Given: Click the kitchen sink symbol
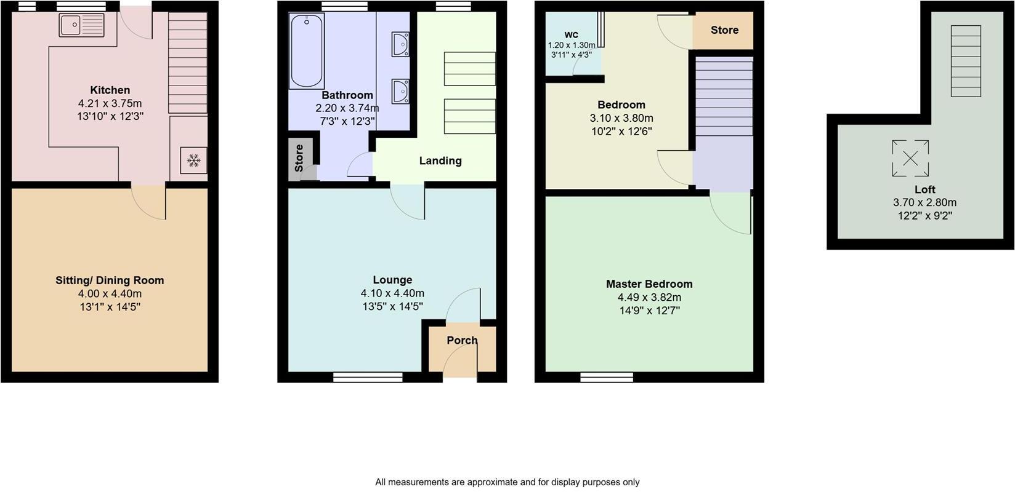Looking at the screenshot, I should [82, 25].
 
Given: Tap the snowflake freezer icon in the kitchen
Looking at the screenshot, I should [194, 161].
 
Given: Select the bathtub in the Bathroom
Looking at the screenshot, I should [306, 52].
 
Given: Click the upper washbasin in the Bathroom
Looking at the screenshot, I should [400, 45].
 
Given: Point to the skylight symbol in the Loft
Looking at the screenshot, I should [910, 158].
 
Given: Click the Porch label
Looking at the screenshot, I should [462, 340].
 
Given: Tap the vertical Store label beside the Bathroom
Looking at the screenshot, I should [299, 158].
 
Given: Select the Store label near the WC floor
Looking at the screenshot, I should [724, 30].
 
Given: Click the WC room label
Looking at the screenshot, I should [571, 34].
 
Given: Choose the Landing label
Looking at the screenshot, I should [440, 161].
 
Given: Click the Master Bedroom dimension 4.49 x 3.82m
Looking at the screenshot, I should [649, 297].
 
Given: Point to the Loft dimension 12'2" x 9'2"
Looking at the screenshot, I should [924, 216].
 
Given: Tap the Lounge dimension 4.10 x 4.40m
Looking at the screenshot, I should [392, 293].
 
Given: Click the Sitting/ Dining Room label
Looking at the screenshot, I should [110, 280].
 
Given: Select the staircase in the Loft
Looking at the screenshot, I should [965, 61].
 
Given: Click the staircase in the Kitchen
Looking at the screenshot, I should [187, 63].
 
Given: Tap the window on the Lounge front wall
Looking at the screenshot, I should [368, 376].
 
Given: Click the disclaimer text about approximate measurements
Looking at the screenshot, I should [507, 482].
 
